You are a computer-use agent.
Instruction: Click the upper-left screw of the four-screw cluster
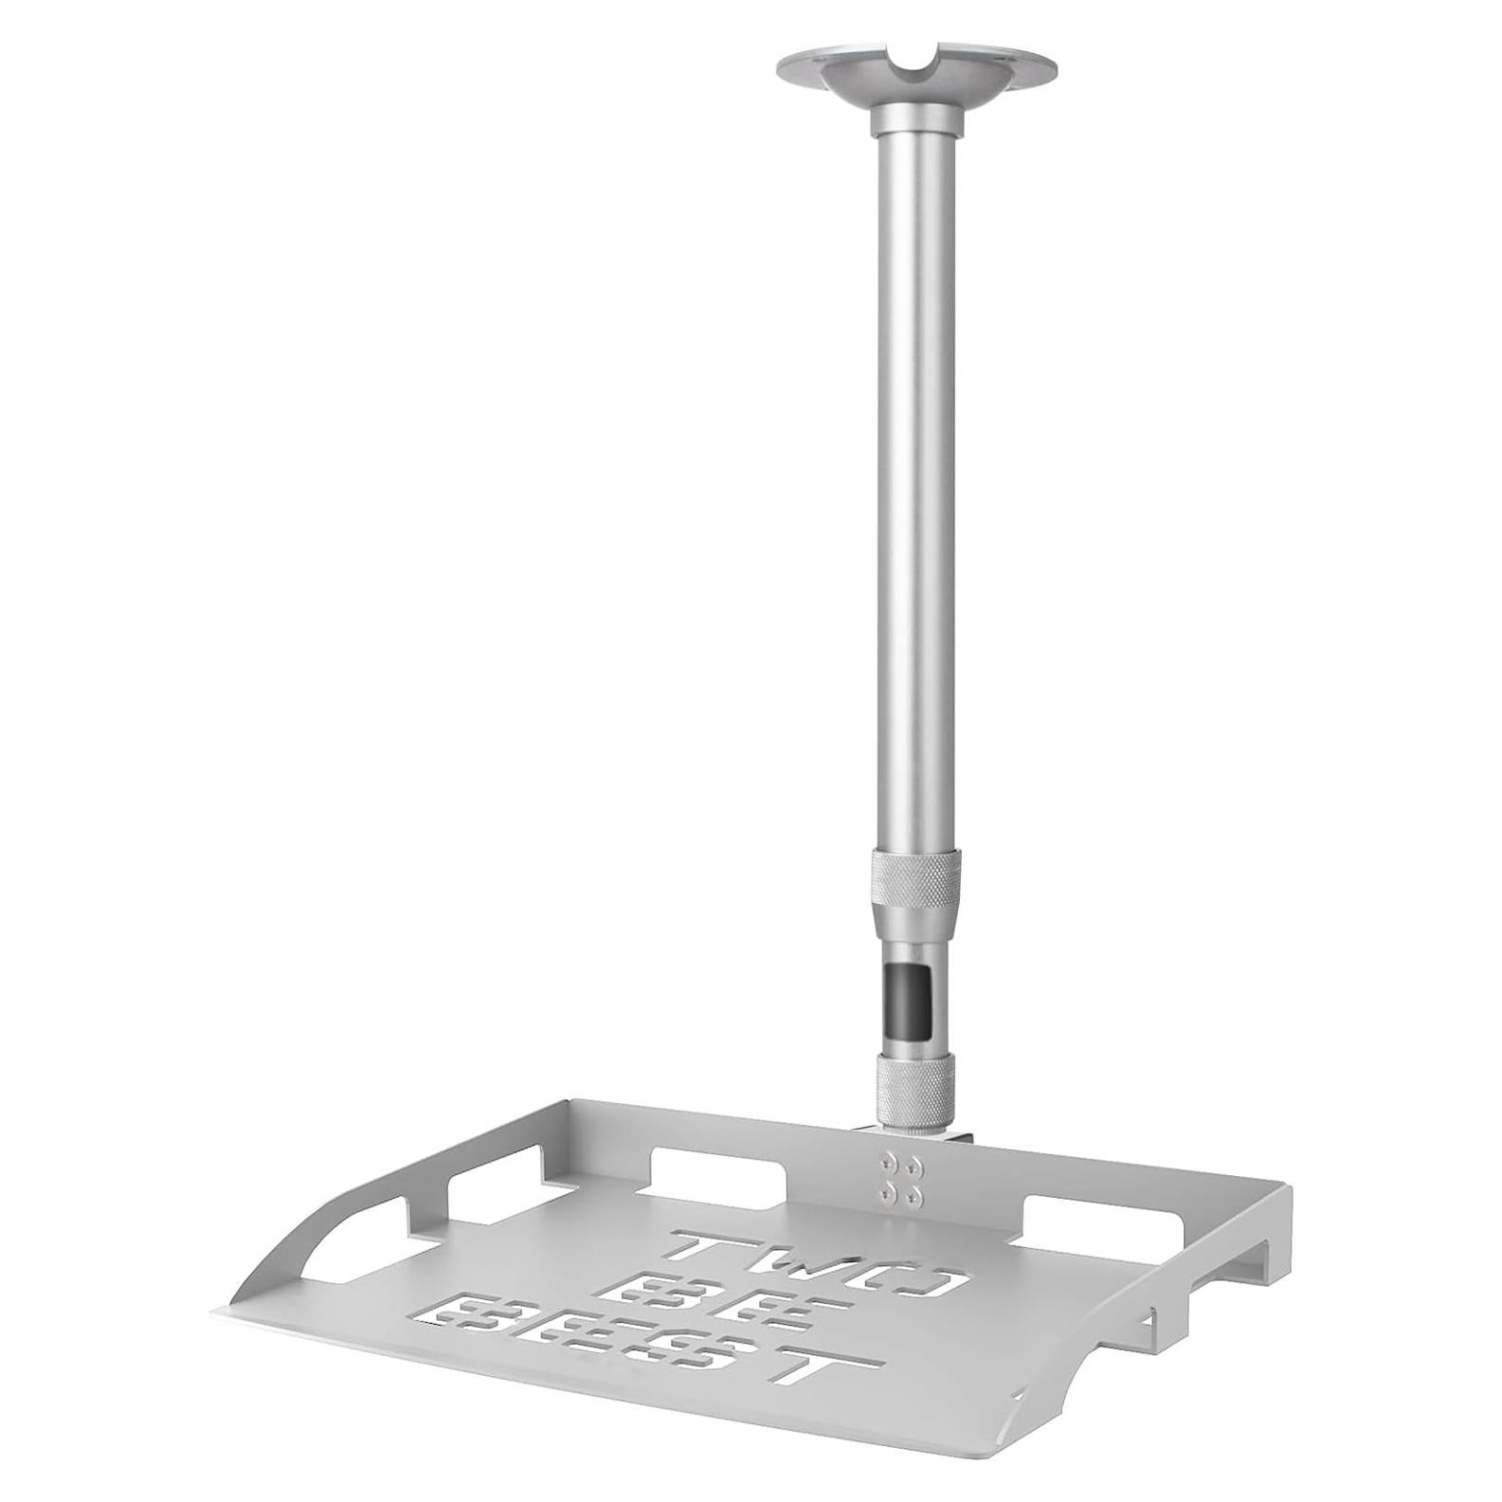(887, 1160)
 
